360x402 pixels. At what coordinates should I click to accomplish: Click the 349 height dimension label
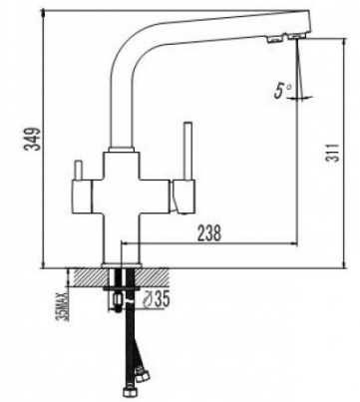click(33, 139)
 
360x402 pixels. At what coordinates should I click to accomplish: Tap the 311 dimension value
click(333, 153)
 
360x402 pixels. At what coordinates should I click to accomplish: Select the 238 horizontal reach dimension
click(209, 232)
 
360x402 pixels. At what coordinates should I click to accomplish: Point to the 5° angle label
click(282, 91)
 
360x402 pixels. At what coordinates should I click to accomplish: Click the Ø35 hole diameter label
click(156, 299)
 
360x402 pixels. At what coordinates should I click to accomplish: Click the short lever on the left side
click(79, 171)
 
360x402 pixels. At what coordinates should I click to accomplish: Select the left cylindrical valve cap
click(82, 197)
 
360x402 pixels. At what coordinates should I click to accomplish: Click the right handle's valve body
click(182, 197)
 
